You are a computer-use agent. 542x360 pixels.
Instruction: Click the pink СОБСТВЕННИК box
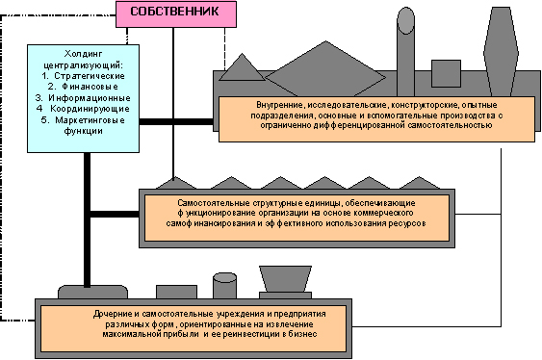pos(176,14)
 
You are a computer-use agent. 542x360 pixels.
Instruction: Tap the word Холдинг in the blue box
pos(84,54)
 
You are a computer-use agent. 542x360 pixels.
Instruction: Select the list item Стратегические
pos(90,76)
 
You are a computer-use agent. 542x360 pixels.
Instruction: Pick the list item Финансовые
pos(90,87)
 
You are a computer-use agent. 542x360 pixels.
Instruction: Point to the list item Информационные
pos(90,98)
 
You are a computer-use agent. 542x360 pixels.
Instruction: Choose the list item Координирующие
pos(90,109)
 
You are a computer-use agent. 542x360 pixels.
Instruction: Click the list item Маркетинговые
pos(90,120)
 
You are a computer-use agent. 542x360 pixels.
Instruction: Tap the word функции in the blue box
pos(84,131)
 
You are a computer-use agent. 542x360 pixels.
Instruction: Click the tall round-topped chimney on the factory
pos(405,52)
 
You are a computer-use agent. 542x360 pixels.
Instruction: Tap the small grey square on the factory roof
pos(446,73)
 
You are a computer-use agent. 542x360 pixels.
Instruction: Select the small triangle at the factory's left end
pos(242,67)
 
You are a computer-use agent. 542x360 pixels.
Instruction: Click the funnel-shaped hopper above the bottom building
pos(285,279)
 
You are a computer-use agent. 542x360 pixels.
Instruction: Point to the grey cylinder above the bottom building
pos(224,286)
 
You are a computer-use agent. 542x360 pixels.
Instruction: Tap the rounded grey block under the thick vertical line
pos(92,292)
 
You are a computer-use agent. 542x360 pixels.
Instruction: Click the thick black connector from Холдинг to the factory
pos(176,121)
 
